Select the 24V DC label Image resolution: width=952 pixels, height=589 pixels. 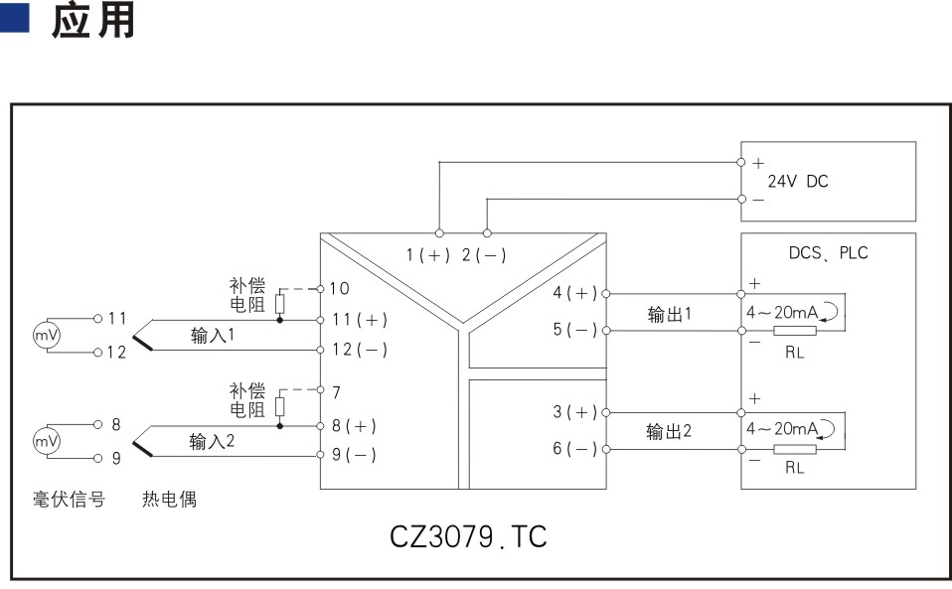(797, 181)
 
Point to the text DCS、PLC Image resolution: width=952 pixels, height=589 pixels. (827, 252)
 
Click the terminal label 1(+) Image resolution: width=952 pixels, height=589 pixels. (428, 255)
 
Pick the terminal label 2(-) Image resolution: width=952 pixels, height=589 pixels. (484, 255)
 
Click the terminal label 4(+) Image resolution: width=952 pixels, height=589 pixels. (575, 293)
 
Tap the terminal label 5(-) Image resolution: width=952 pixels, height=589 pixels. (575, 329)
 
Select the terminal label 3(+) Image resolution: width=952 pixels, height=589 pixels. (575, 412)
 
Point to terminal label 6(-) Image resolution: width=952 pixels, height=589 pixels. (575, 449)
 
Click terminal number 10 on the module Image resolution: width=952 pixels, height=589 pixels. (339, 288)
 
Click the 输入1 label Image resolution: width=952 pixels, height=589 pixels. (213, 336)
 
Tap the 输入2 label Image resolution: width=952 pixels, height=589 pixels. (213, 441)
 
